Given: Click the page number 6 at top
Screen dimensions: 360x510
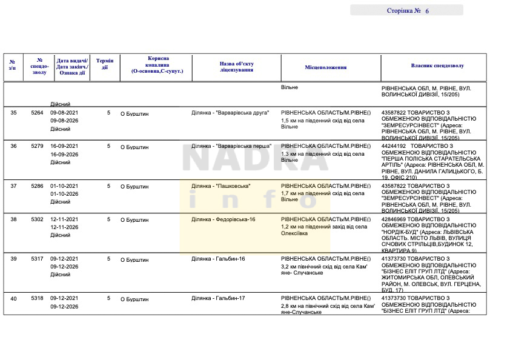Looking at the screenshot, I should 427,11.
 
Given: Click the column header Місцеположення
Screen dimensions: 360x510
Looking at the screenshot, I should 326,67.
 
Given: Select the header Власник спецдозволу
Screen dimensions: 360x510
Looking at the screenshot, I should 437,65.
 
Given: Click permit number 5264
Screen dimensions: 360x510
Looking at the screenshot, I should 38,113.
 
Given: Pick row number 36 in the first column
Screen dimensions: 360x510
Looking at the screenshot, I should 13,146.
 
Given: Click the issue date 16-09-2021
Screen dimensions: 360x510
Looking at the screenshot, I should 64,146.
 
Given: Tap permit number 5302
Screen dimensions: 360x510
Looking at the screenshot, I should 38,219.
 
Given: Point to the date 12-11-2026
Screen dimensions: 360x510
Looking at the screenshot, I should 64,227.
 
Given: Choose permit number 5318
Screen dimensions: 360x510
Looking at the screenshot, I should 38,298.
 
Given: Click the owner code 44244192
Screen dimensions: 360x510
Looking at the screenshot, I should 394,146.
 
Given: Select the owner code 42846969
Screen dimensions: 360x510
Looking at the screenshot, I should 394,219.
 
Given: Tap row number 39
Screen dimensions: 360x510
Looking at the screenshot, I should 13,259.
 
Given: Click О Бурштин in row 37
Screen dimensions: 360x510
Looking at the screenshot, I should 134,187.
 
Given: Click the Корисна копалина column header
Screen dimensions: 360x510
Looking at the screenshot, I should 157,64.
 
